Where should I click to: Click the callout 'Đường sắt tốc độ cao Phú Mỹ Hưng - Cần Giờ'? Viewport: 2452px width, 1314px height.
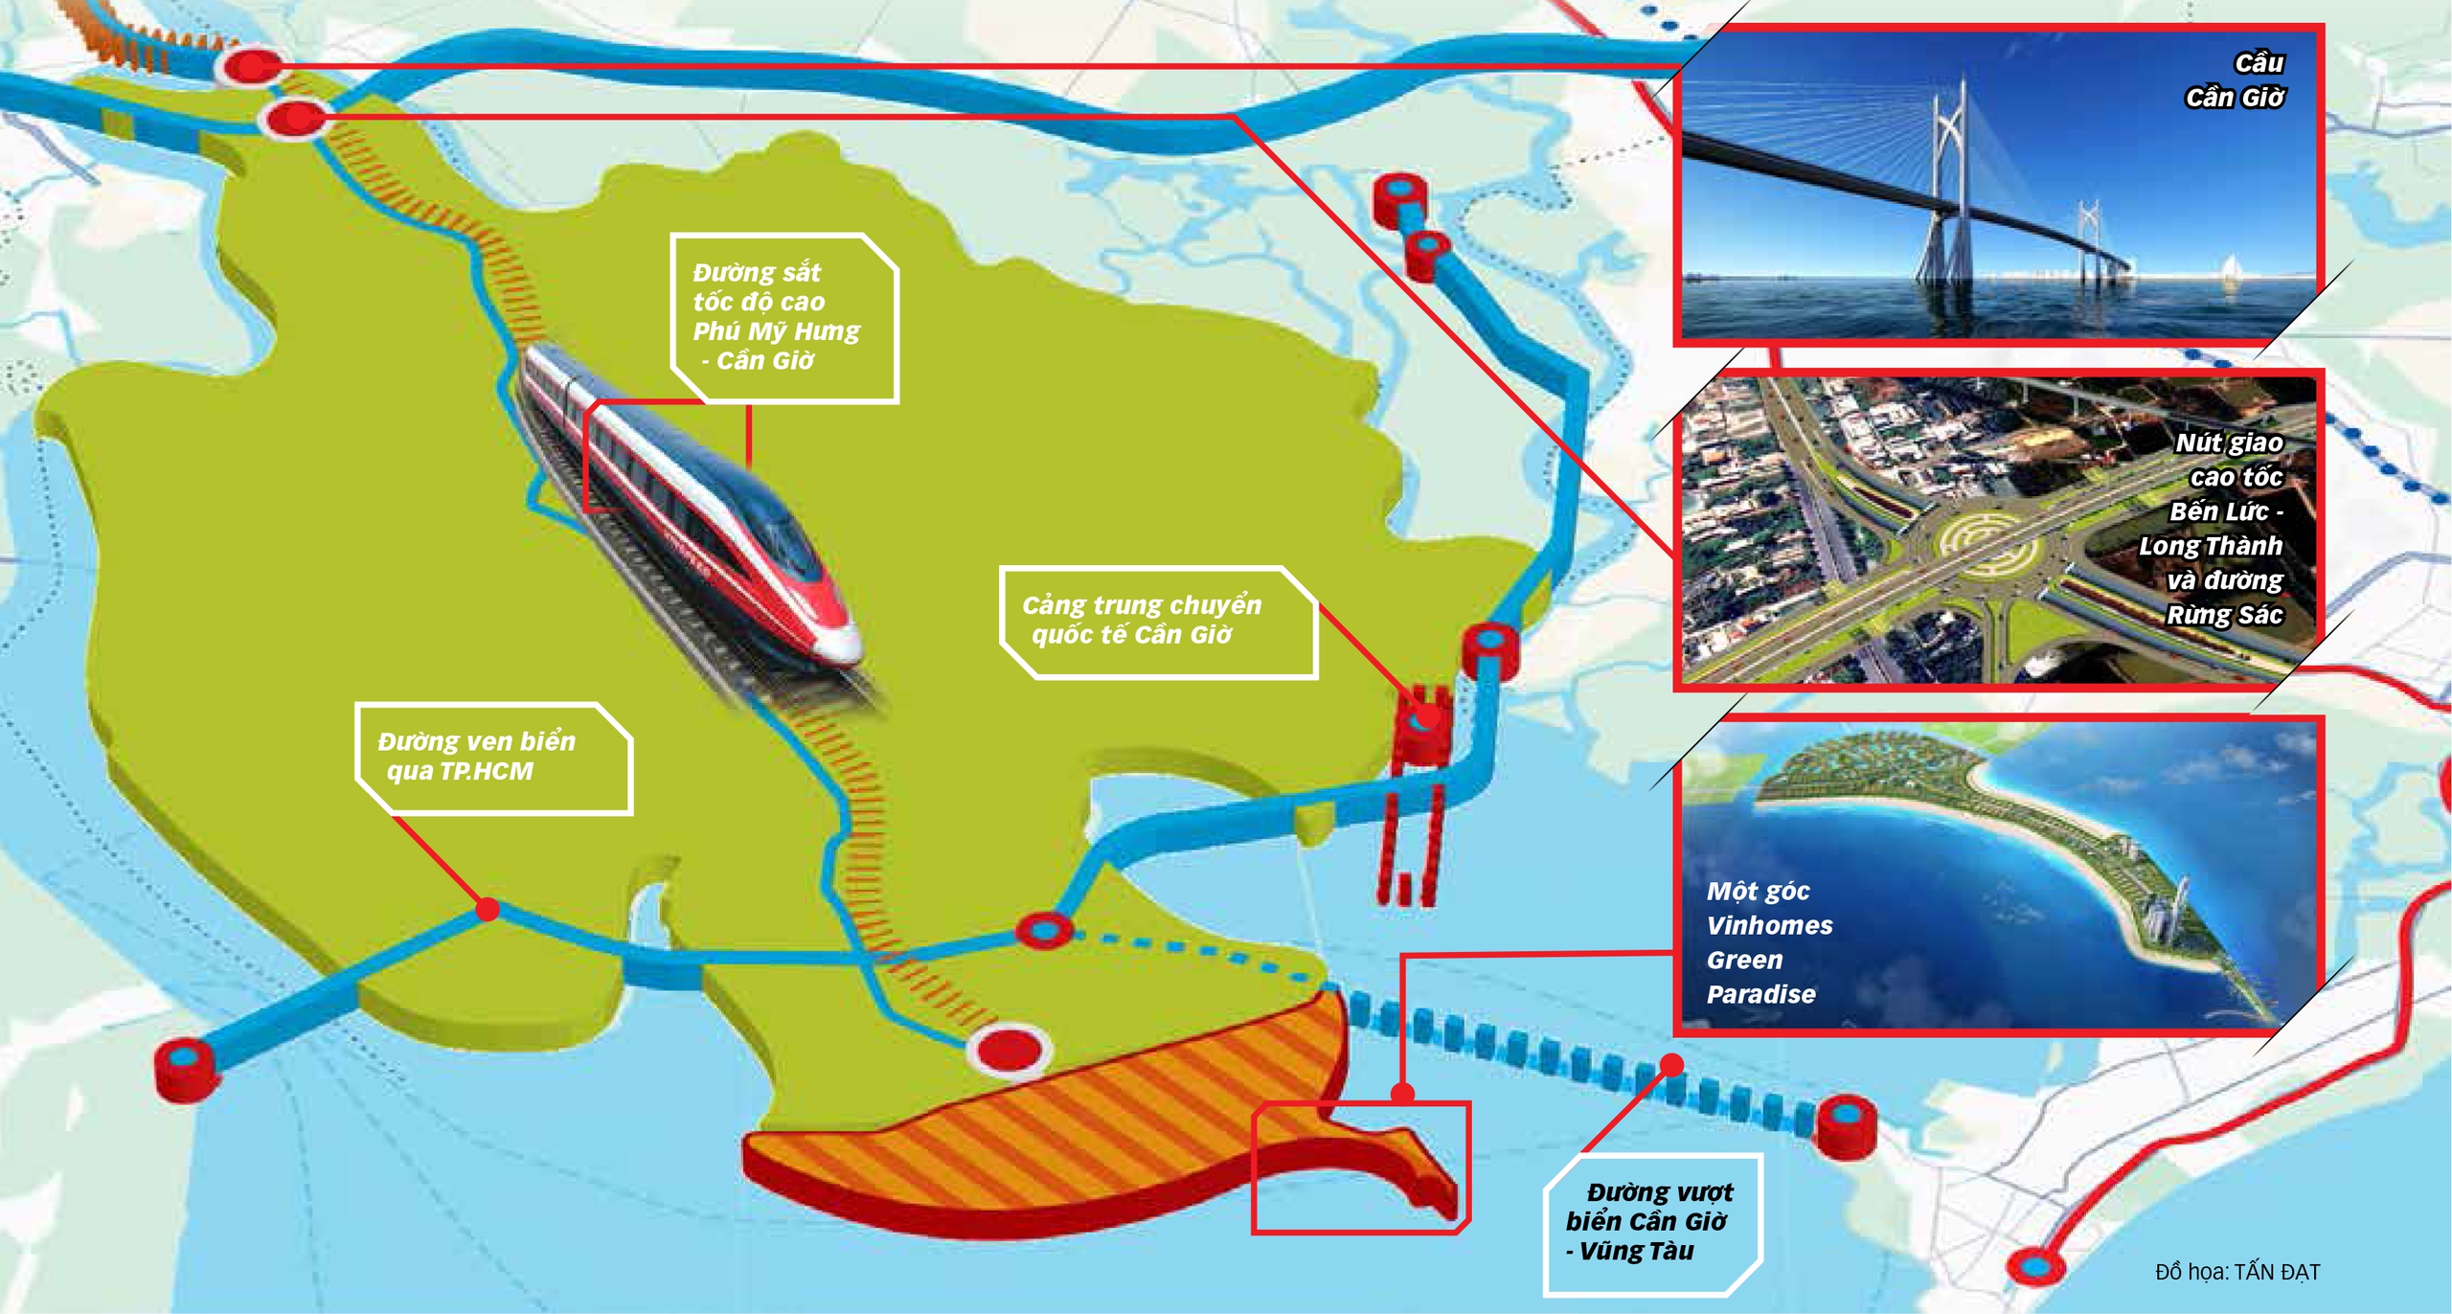coord(782,316)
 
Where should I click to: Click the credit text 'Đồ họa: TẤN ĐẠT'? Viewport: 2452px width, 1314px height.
coord(2237,1272)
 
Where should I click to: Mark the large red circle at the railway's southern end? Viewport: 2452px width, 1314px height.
coord(1010,1050)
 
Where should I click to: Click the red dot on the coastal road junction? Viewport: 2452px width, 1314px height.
coord(488,908)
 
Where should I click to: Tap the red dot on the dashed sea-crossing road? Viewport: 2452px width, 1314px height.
coord(1671,1064)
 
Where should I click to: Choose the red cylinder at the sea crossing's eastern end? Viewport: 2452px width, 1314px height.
coord(1846,1124)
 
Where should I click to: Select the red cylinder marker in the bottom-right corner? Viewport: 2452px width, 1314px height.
coord(2034,1266)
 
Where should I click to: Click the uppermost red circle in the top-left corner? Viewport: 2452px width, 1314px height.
coord(251,65)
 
